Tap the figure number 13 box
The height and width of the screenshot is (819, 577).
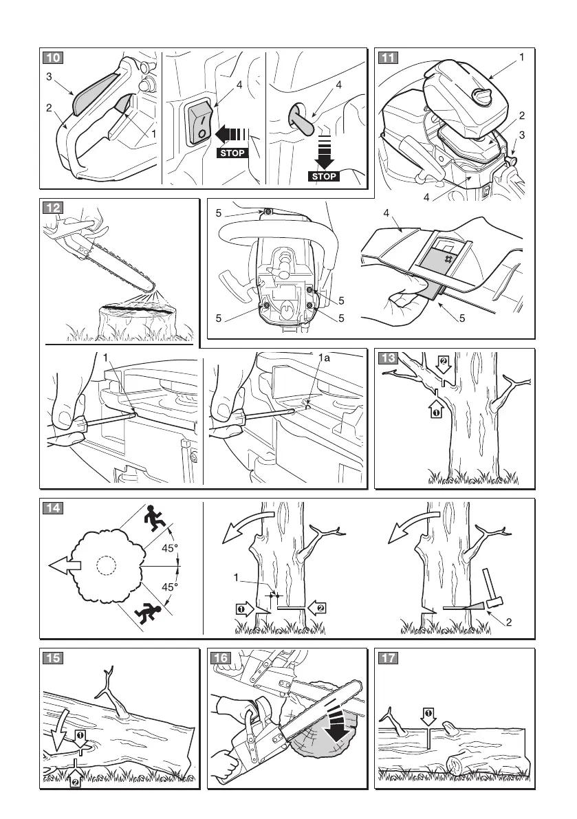389,358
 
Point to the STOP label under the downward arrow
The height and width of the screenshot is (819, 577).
325,176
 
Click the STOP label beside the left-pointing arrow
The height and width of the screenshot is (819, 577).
232,153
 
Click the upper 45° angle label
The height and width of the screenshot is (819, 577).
170,548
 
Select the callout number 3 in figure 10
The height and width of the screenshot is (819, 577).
49,78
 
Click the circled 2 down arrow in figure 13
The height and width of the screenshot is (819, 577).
444,364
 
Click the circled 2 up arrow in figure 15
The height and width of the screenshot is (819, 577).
74,778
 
